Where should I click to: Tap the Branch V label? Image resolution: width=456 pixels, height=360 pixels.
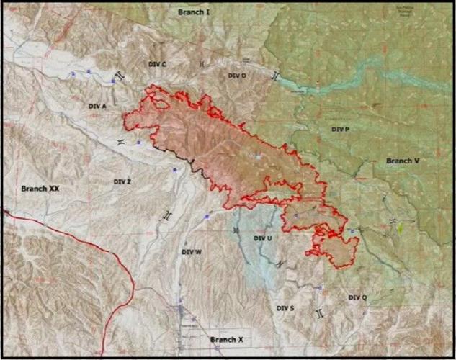coord(403,161)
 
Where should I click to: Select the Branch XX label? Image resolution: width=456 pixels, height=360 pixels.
coord(40,188)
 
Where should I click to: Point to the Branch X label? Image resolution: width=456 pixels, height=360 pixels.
coord(227,338)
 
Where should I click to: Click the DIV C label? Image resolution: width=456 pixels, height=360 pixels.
coord(157,65)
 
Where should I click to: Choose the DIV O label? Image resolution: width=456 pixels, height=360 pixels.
coord(237,76)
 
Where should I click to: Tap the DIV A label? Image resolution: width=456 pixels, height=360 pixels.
coord(98,106)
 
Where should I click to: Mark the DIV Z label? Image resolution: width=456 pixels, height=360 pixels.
coord(122,182)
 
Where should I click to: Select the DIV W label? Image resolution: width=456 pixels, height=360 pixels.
coord(192,252)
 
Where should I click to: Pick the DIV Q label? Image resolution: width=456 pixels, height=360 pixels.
coord(357,297)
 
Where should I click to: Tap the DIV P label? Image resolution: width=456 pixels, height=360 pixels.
coord(340,129)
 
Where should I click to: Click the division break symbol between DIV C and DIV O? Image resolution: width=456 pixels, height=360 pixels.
coord(202,64)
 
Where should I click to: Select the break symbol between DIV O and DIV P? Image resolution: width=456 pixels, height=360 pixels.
coord(274,76)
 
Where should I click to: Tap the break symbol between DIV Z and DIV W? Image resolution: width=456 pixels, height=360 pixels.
coord(168,215)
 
